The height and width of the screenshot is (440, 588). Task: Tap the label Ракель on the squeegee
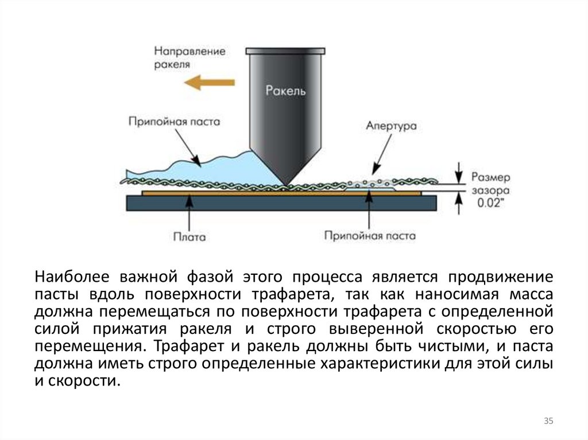click(x=286, y=90)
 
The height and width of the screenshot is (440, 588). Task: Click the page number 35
click(x=548, y=422)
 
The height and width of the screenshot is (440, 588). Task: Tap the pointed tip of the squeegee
click(x=285, y=183)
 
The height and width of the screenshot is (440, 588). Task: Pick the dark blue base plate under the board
click(x=281, y=202)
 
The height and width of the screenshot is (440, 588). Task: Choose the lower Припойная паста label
click(x=370, y=235)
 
